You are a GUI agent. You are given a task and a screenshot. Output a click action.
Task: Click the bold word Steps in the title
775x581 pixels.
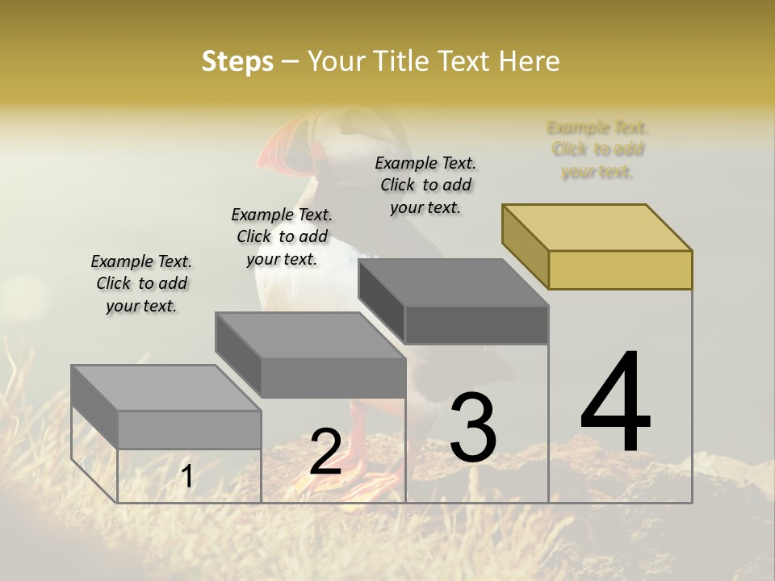pyautogui.click(x=237, y=61)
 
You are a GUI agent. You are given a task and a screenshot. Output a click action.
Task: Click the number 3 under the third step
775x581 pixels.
pyautogui.click(x=473, y=428)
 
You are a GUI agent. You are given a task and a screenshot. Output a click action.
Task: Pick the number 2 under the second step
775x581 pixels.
pyautogui.click(x=325, y=453)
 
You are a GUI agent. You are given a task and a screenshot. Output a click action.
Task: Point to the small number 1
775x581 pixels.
pyautogui.click(x=186, y=477)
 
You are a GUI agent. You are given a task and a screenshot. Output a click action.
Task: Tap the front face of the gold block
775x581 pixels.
pyautogui.click(x=620, y=270)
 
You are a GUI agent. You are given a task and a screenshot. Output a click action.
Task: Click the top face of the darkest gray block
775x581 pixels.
pyautogui.click(x=453, y=282)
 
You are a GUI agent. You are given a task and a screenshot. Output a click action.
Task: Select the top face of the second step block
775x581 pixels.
pyautogui.click(x=310, y=335)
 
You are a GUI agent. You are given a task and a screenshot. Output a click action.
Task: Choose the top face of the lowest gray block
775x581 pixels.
pyautogui.click(x=165, y=388)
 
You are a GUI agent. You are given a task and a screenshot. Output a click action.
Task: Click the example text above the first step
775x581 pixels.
pyautogui.click(x=141, y=283)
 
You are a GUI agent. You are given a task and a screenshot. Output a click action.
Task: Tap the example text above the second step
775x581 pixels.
pyautogui.click(x=282, y=236)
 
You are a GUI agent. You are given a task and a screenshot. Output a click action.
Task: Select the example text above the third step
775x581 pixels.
pyautogui.click(x=425, y=185)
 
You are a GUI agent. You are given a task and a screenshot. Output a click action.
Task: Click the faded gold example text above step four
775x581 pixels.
pyautogui.click(x=597, y=149)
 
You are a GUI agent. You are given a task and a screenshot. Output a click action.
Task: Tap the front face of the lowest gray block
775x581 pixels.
pyautogui.click(x=189, y=430)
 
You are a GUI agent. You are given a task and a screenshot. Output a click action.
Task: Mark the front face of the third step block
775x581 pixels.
pyautogui.click(x=476, y=325)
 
